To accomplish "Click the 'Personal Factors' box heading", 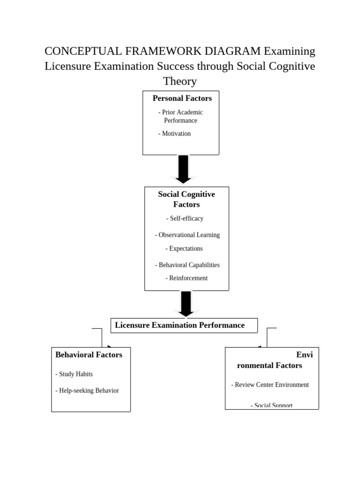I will (182, 98).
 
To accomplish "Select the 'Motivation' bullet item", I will (174, 134).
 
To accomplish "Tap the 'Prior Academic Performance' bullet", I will (180, 116).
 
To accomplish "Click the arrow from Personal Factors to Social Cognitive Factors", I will (183, 169).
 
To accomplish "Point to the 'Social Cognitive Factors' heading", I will (186, 199).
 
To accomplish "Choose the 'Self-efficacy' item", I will (185, 218).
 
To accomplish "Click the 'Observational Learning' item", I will (187, 235).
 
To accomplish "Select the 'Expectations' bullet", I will (184, 248).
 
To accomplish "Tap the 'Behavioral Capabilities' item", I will (187, 265).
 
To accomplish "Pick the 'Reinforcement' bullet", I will (186, 278).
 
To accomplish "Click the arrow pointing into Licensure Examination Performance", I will (186, 304).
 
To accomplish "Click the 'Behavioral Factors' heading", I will (89, 355).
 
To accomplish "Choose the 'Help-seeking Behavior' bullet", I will (87, 390).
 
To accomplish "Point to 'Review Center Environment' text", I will (270, 385).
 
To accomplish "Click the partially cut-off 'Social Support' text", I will (271, 405).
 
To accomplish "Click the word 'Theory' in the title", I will (180, 81).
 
